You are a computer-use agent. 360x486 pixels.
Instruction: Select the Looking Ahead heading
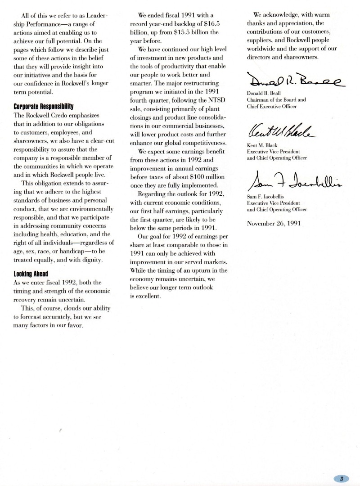click(31, 274)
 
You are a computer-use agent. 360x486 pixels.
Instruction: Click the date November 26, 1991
click(274, 223)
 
